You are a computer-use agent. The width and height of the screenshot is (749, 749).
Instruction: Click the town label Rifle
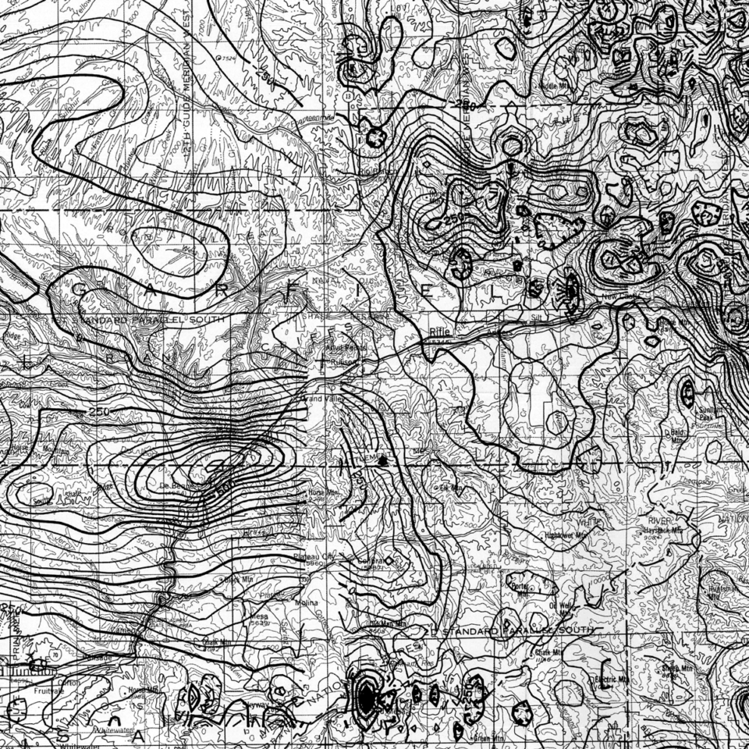pos(439,331)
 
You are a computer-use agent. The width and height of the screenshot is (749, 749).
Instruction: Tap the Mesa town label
pos(258,616)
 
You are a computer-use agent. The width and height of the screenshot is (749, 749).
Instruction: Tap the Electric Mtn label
pos(612,679)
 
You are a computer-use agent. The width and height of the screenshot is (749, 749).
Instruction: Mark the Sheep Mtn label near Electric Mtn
pos(677,669)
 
